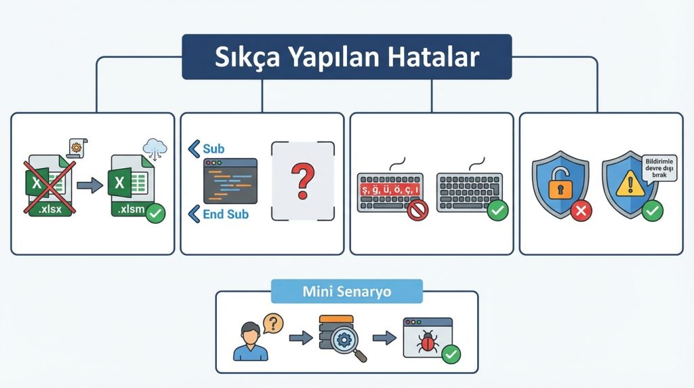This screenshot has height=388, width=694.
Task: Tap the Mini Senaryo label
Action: point(346,292)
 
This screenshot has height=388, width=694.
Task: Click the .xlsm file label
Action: point(129,209)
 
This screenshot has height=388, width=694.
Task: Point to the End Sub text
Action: point(226,214)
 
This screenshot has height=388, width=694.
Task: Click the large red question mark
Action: point(302,180)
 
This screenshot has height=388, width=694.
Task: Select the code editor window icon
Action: point(230,181)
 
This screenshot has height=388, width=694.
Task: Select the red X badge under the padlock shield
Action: point(580,211)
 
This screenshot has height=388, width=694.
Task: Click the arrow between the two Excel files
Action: point(87,184)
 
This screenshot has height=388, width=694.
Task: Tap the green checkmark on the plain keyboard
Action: point(497,211)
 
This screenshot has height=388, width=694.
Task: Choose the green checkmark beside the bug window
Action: point(450,353)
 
